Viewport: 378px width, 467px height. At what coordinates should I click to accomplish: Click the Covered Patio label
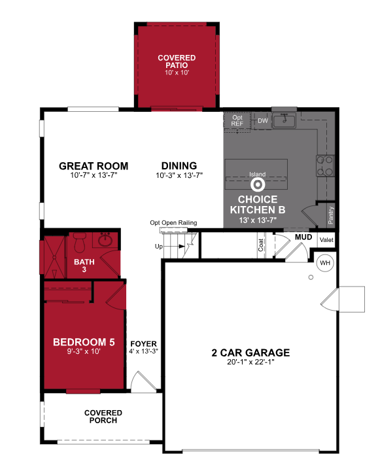(177, 62)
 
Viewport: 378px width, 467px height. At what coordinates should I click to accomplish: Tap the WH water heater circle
(325, 264)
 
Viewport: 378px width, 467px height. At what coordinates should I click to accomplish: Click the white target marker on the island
(257, 184)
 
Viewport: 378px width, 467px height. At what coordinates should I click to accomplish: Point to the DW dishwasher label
(263, 121)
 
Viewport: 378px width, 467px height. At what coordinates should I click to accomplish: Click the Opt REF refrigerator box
(237, 121)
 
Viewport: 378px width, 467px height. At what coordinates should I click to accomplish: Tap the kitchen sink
(284, 121)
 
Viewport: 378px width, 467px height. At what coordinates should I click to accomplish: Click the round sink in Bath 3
(105, 241)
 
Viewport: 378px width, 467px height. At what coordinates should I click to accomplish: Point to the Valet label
(326, 241)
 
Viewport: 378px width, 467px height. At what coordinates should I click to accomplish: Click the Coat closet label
(260, 245)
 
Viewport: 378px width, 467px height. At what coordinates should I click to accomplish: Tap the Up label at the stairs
(158, 247)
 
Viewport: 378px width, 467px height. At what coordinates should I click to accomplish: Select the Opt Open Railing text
(173, 222)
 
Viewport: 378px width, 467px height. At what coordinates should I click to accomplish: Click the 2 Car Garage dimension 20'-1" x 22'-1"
(250, 363)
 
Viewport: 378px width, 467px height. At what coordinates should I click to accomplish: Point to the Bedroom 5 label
(84, 341)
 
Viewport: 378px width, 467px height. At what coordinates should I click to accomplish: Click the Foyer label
(143, 343)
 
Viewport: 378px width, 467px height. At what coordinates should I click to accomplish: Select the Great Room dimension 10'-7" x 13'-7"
(93, 176)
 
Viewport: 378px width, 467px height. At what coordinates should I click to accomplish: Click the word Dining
(180, 165)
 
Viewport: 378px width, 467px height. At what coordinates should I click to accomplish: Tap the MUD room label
(303, 236)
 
